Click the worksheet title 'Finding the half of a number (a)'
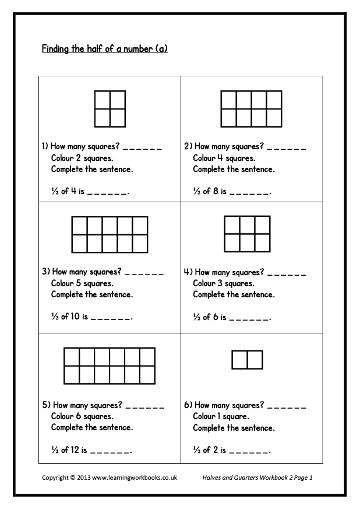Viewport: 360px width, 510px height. (x=105, y=49)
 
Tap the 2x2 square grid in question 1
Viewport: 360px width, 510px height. (x=110, y=108)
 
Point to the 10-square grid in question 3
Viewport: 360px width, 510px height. (x=109, y=234)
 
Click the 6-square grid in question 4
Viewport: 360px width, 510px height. (x=247, y=234)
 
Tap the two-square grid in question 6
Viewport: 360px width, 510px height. (x=247, y=360)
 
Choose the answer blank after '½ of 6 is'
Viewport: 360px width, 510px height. (x=249, y=319)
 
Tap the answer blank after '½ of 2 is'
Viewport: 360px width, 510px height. (x=249, y=452)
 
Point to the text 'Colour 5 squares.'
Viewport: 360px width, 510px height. (x=82, y=284)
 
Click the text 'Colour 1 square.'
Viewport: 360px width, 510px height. (x=221, y=416)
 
